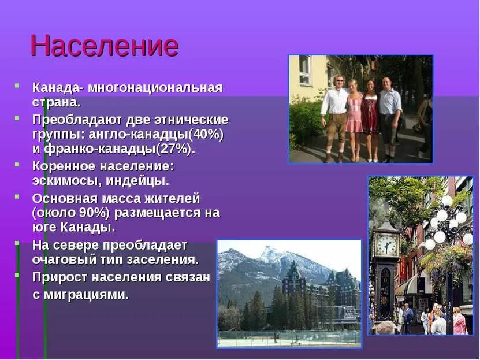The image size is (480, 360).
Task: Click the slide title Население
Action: pyautogui.click(x=104, y=46)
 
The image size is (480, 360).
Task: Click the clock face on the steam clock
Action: pyautogui.click(x=386, y=245)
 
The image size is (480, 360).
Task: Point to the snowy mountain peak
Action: pyautogui.click(x=269, y=253)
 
